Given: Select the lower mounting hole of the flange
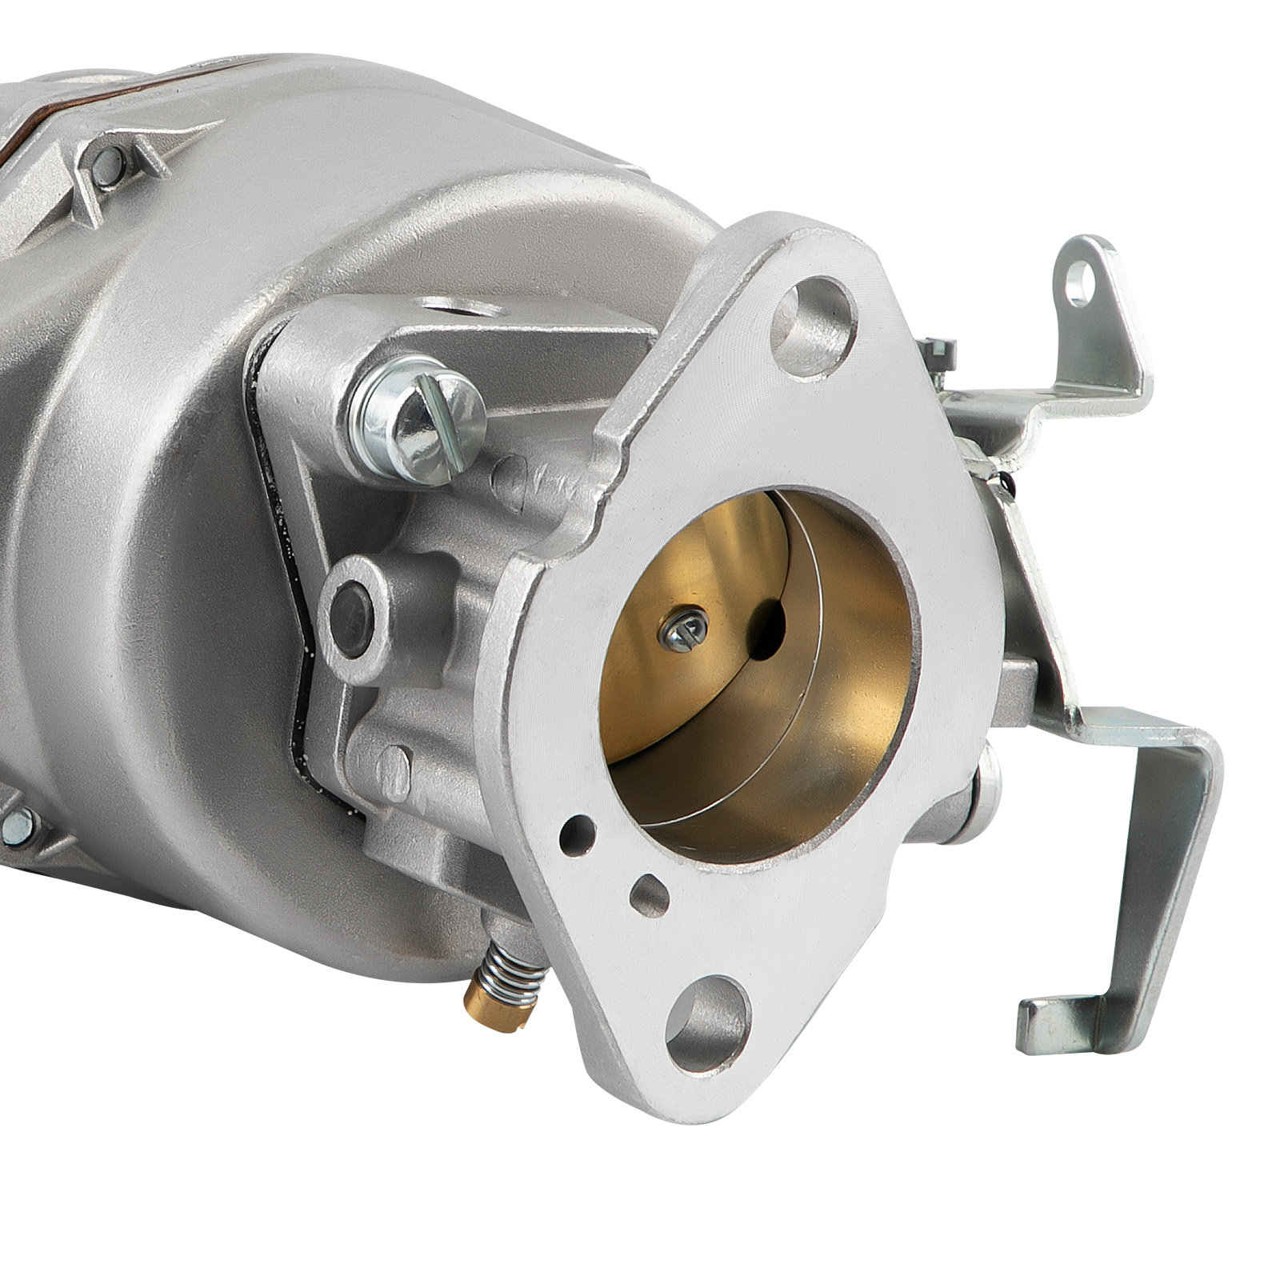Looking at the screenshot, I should point(708,1015).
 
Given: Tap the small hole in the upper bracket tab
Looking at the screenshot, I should point(1086,278).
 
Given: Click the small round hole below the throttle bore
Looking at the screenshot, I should point(573,835).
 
